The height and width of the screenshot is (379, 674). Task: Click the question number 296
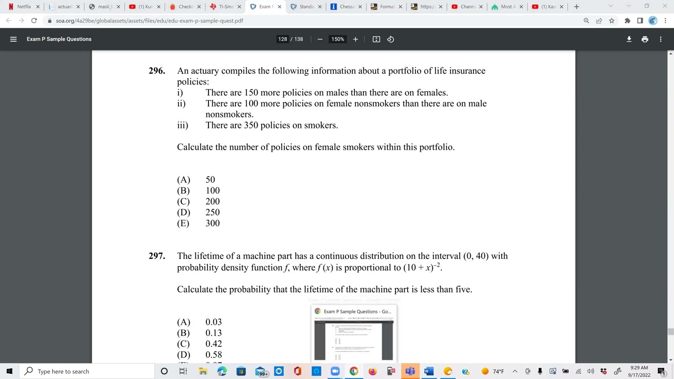(x=156, y=71)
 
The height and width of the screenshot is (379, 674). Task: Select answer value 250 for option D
(x=213, y=212)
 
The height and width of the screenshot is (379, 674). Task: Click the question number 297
(x=156, y=256)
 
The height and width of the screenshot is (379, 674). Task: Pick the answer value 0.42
(x=213, y=344)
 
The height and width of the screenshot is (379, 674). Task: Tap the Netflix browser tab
(x=24, y=7)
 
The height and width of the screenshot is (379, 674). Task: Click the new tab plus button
(x=576, y=7)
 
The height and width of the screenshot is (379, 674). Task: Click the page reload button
(x=34, y=21)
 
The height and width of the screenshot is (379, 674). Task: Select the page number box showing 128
(x=283, y=39)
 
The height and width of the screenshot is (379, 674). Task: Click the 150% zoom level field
(x=338, y=39)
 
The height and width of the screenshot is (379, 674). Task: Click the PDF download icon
(x=629, y=39)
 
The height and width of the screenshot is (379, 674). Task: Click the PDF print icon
(x=645, y=39)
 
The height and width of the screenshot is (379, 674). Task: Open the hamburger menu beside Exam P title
(x=14, y=39)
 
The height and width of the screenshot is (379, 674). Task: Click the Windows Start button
(x=9, y=371)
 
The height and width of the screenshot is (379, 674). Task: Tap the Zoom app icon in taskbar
(x=335, y=371)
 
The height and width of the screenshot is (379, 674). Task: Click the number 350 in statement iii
(x=251, y=125)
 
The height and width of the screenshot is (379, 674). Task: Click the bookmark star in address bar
(x=611, y=21)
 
